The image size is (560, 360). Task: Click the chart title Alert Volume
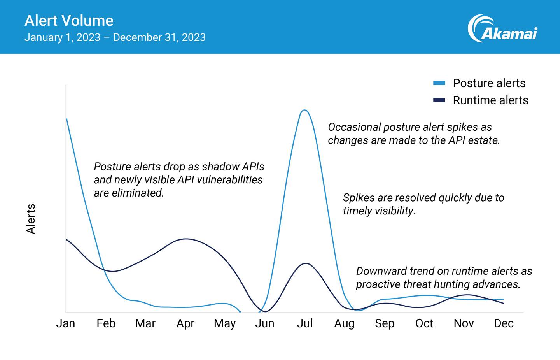click(69, 21)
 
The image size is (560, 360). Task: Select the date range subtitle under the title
click(115, 37)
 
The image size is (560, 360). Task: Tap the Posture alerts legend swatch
click(439, 83)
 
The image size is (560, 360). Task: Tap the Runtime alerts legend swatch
click(439, 100)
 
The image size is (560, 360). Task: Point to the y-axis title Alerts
click(31, 219)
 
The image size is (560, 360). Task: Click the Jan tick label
click(65, 323)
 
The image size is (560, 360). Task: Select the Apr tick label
click(185, 323)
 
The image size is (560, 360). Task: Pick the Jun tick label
click(264, 323)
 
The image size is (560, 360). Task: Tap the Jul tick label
click(304, 323)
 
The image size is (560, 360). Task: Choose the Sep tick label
click(384, 323)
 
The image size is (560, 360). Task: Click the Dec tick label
click(504, 323)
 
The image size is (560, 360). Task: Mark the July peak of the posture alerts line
click(304, 110)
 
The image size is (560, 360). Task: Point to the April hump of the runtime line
click(186, 239)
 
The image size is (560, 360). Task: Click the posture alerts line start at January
click(67, 119)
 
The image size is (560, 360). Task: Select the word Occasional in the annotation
click(354, 127)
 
